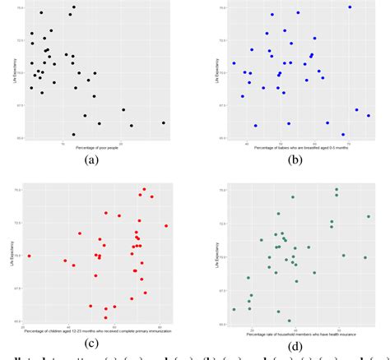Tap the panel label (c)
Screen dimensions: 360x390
pos(91,343)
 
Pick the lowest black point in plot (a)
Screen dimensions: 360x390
pos(73,135)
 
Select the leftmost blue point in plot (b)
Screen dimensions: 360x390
pos(234,63)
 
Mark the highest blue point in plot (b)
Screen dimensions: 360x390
pos(350,7)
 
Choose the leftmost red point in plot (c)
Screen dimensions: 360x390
pos(29,256)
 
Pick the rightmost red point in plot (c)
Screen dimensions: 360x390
pos(166,226)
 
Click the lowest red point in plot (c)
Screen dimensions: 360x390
pos(105,317)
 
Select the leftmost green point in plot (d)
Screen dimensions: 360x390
pos(234,309)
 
